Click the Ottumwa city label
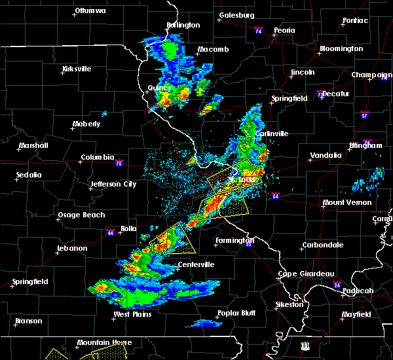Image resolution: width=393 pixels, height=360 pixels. click(x=90, y=11)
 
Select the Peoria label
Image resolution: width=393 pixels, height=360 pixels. click(x=284, y=31)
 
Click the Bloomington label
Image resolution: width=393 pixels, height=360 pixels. click(x=341, y=49)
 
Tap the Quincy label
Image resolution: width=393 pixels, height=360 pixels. click(x=160, y=88)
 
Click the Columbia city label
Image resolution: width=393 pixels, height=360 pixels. click(x=97, y=158)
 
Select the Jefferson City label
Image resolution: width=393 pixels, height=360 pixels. click(x=113, y=185)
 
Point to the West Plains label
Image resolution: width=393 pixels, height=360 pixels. click(x=132, y=315)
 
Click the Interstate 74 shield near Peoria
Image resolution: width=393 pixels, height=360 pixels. click(x=258, y=30)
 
